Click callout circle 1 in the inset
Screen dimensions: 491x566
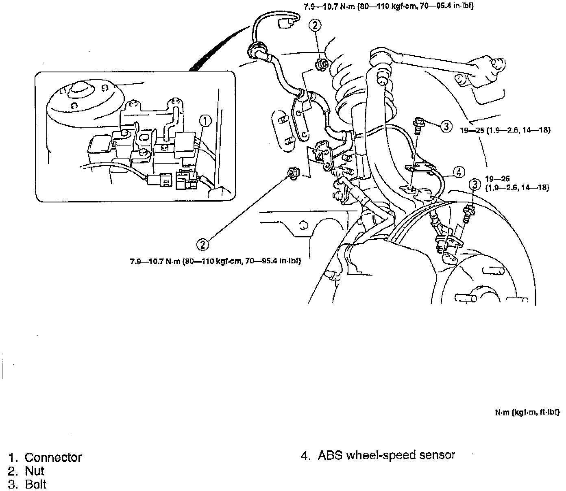(x=206, y=121)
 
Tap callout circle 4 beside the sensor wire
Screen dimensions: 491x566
(x=458, y=172)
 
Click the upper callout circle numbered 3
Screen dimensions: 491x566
(x=446, y=126)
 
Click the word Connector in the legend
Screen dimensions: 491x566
(x=53, y=457)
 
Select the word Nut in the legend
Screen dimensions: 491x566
(x=35, y=471)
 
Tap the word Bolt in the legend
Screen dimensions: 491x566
(x=36, y=484)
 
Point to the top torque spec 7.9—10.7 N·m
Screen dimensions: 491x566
(x=388, y=7)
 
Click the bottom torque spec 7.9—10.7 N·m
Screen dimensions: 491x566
(x=216, y=261)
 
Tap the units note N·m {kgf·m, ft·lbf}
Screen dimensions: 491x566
(x=527, y=413)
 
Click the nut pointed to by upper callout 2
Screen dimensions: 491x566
(x=320, y=64)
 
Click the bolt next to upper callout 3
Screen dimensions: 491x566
(x=418, y=124)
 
